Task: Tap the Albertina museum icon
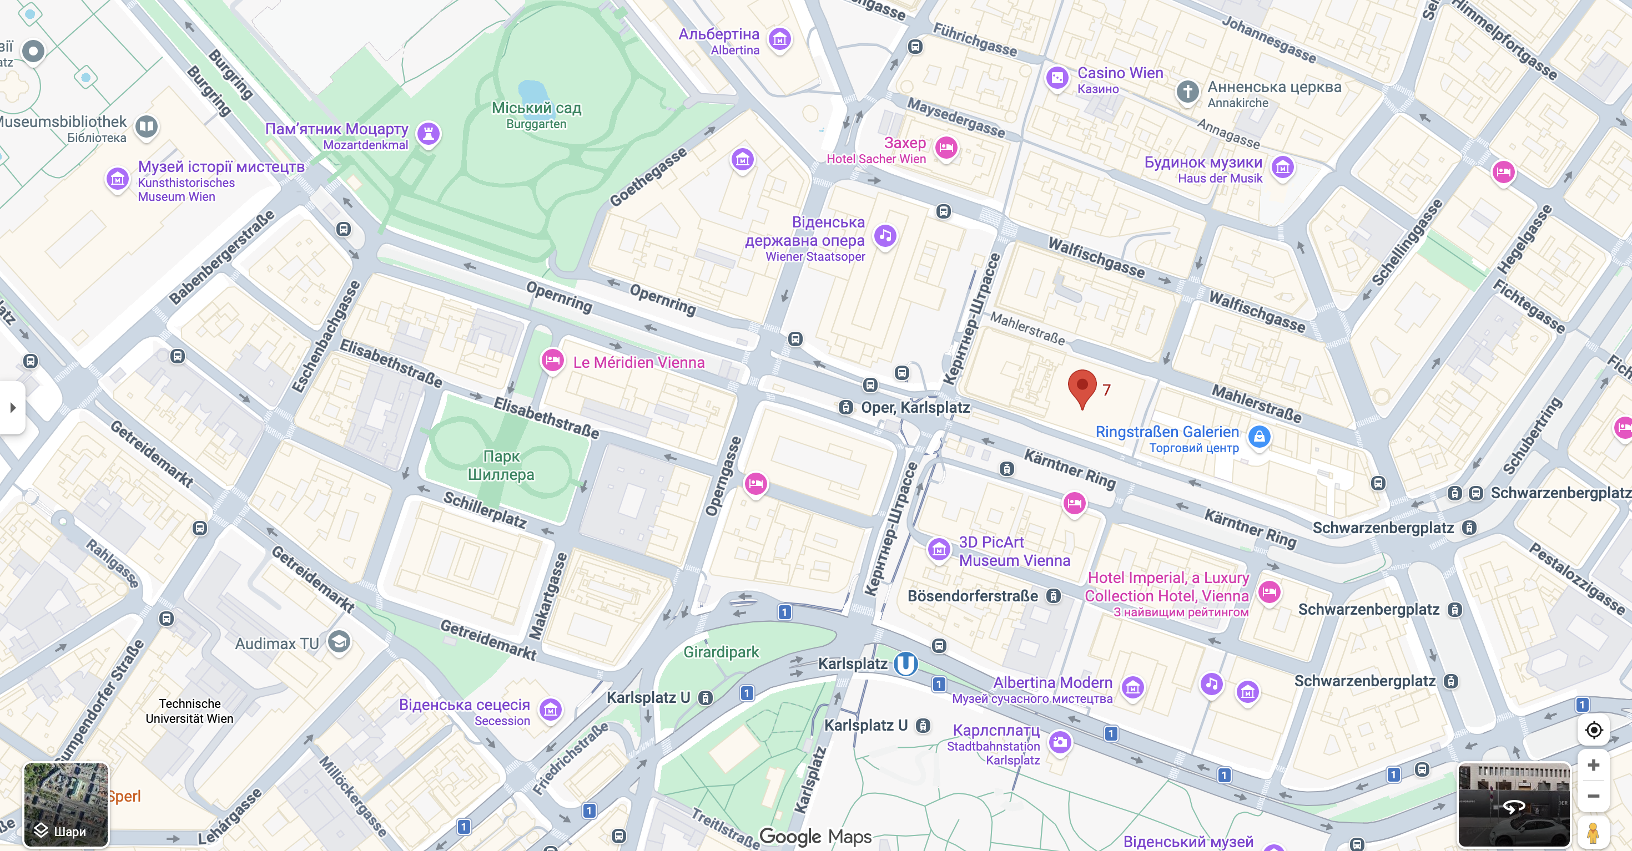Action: pos(780,39)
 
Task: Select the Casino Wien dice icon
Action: pos(1057,78)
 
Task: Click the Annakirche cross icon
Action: pos(1188,91)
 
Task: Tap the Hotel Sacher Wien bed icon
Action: pos(946,148)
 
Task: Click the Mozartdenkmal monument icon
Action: pos(429,133)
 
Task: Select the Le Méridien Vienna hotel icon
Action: pos(552,361)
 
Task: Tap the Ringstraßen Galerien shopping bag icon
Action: pos(1260,436)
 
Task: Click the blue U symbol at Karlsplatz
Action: pos(905,663)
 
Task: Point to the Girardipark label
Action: pos(721,651)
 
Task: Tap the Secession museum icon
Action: pos(551,710)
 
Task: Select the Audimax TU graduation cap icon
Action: pos(339,641)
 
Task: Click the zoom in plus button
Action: pos(1593,765)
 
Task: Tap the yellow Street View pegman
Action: pos(1593,832)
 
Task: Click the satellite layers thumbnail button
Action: pos(66,804)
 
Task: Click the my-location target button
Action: pos(1593,730)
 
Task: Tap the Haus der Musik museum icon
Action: pos(1283,168)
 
